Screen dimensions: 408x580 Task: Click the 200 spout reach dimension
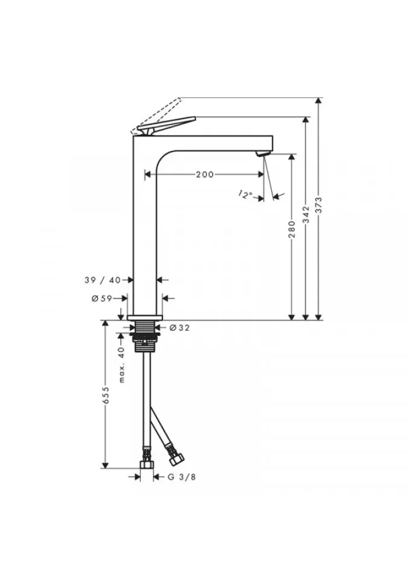pos(205,174)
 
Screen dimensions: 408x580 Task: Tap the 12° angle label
pos(245,195)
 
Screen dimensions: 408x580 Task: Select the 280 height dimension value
pos(292,230)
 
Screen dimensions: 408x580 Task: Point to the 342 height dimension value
pos(305,214)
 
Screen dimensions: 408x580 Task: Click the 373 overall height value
pos(319,205)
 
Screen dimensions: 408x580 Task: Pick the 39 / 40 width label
pos(103,280)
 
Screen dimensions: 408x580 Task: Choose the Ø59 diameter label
pos(102,298)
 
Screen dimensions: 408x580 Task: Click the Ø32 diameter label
pos(179,327)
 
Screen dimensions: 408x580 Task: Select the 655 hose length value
pos(106,396)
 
